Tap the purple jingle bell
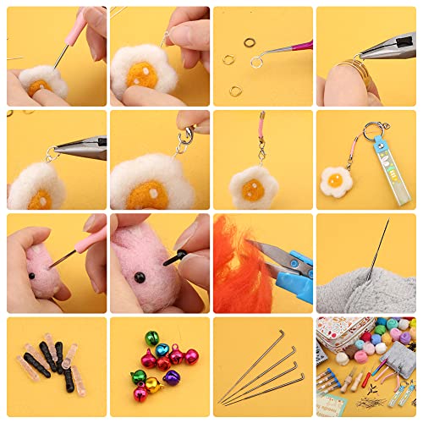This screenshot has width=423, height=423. pos(173,377)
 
